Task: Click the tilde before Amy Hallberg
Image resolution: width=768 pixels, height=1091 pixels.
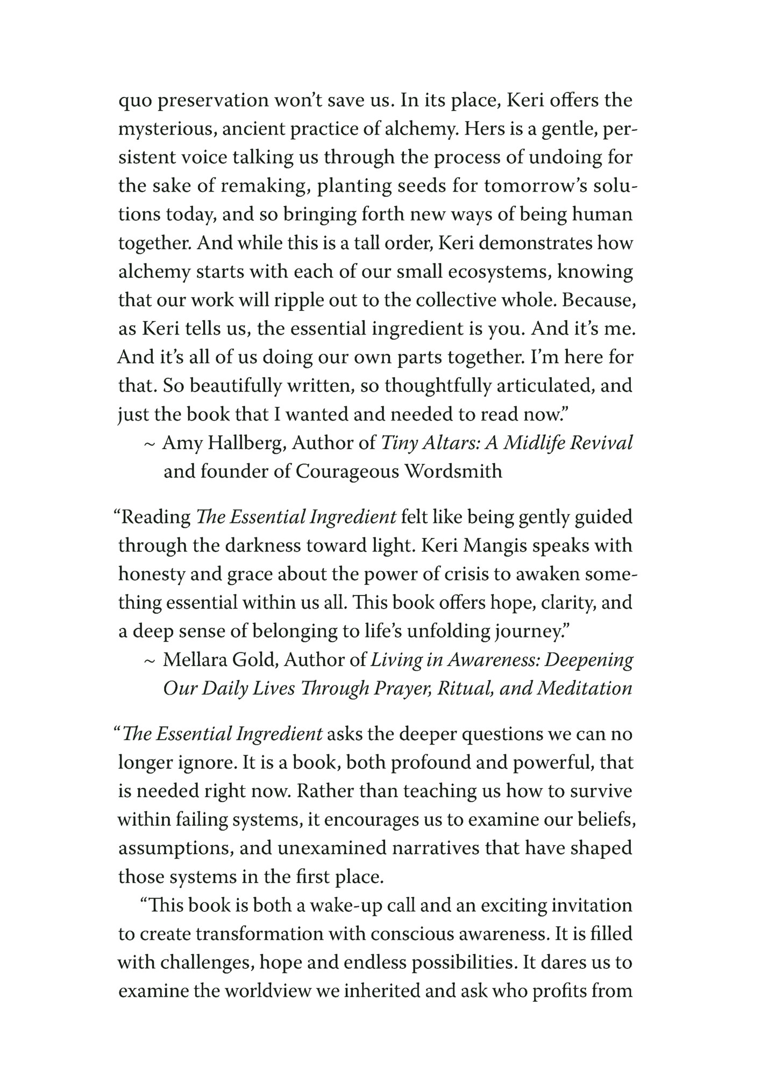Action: [150, 444]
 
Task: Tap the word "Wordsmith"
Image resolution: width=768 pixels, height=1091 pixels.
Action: [453, 471]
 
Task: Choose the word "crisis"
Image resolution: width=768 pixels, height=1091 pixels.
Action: [472, 574]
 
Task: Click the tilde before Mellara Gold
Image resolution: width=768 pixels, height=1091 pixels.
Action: [150, 661]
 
